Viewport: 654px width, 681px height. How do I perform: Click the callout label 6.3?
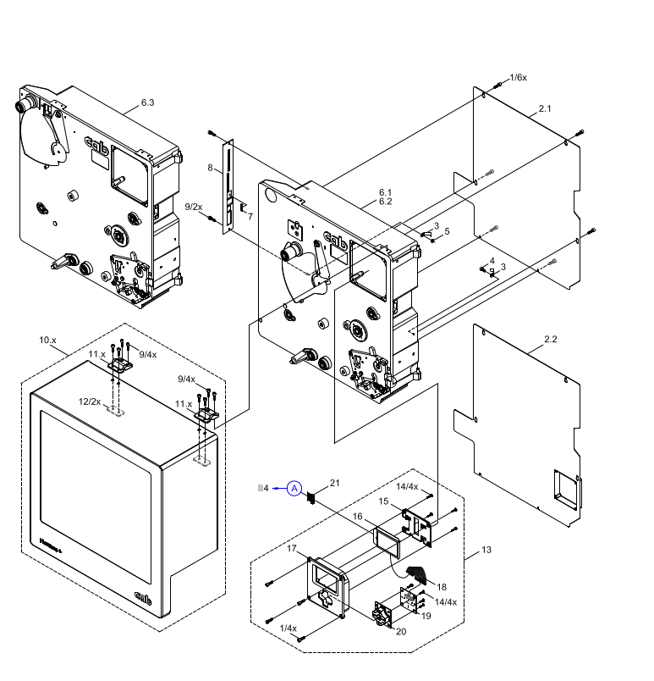click(147, 102)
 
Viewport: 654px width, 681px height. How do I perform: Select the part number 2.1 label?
click(545, 109)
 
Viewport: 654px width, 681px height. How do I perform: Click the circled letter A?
click(294, 488)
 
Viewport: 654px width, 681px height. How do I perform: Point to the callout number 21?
click(334, 483)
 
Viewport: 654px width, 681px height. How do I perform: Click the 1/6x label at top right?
click(518, 77)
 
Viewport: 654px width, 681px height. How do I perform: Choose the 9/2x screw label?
click(194, 207)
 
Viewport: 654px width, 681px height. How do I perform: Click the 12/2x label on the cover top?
click(90, 401)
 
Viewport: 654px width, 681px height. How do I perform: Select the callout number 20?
click(401, 631)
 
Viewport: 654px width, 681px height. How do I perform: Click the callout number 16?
click(358, 516)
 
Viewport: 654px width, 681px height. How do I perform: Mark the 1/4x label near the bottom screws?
click(289, 628)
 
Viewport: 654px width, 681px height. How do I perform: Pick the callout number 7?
click(250, 217)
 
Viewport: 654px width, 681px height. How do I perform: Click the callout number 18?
click(442, 585)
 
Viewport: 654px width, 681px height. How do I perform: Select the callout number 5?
click(447, 231)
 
